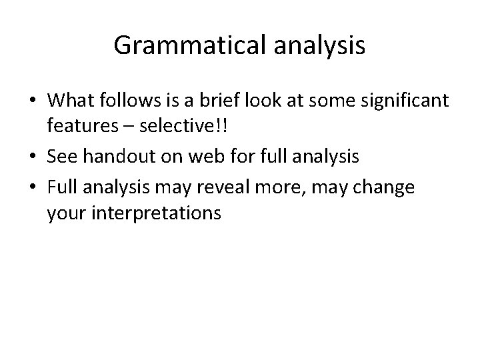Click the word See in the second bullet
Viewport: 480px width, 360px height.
[62, 157]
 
